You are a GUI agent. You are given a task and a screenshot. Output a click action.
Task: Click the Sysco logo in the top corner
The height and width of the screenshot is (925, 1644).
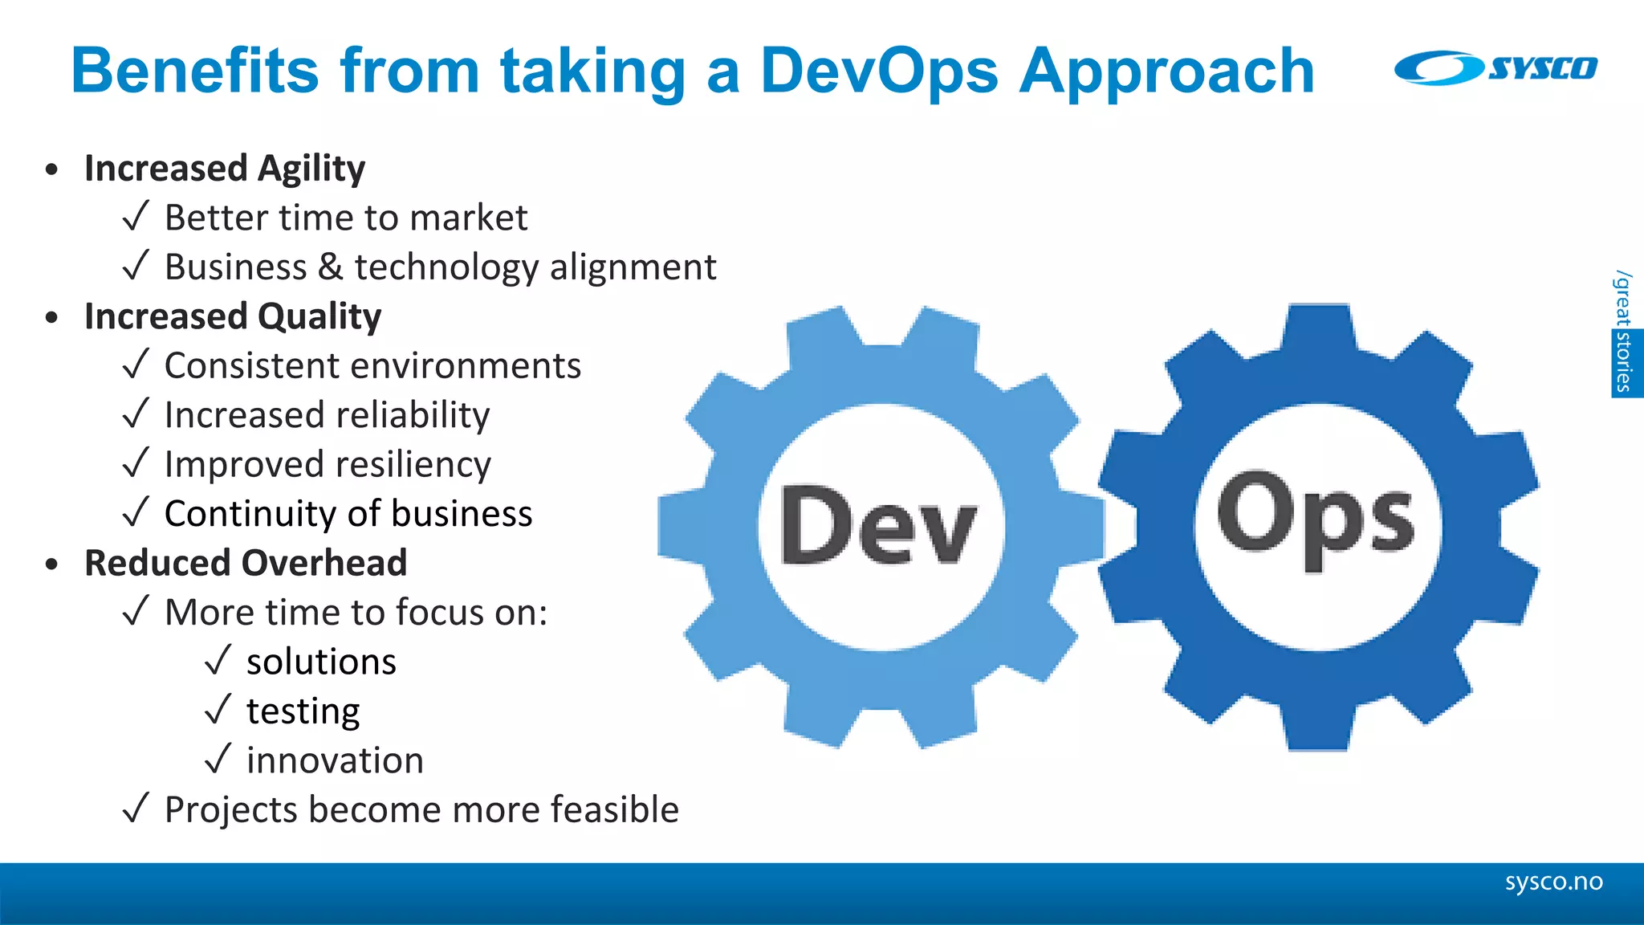click(x=1495, y=68)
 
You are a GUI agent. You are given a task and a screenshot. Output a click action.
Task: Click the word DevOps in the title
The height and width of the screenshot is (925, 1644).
click(x=879, y=71)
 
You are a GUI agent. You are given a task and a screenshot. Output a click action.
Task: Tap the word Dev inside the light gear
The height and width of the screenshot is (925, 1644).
click(x=879, y=527)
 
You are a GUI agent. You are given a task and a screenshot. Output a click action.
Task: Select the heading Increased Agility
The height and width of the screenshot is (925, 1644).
click(x=225, y=169)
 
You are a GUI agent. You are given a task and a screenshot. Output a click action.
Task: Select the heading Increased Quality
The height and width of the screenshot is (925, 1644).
click(x=233, y=316)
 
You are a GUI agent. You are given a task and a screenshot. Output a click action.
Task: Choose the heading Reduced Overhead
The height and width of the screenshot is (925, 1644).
click(x=246, y=563)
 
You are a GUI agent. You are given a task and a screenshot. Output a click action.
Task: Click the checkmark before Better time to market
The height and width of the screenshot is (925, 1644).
click(x=136, y=217)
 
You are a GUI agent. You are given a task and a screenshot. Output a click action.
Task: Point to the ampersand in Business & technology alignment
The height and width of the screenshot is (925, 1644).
click(x=331, y=267)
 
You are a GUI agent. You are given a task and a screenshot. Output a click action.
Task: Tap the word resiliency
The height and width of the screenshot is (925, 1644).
click(x=414, y=465)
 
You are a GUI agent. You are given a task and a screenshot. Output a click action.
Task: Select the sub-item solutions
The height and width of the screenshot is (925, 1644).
click(x=321, y=662)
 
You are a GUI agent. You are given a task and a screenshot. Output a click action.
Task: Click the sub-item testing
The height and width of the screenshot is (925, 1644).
click(x=303, y=711)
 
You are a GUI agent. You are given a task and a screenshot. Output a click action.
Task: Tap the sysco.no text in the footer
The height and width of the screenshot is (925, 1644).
click(x=1553, y=882)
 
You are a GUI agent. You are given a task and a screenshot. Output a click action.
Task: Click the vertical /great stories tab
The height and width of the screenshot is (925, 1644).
click(x=1625, y=333)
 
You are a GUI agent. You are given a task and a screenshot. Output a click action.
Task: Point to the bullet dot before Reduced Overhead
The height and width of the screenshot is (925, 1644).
click(x=52, y=564)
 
